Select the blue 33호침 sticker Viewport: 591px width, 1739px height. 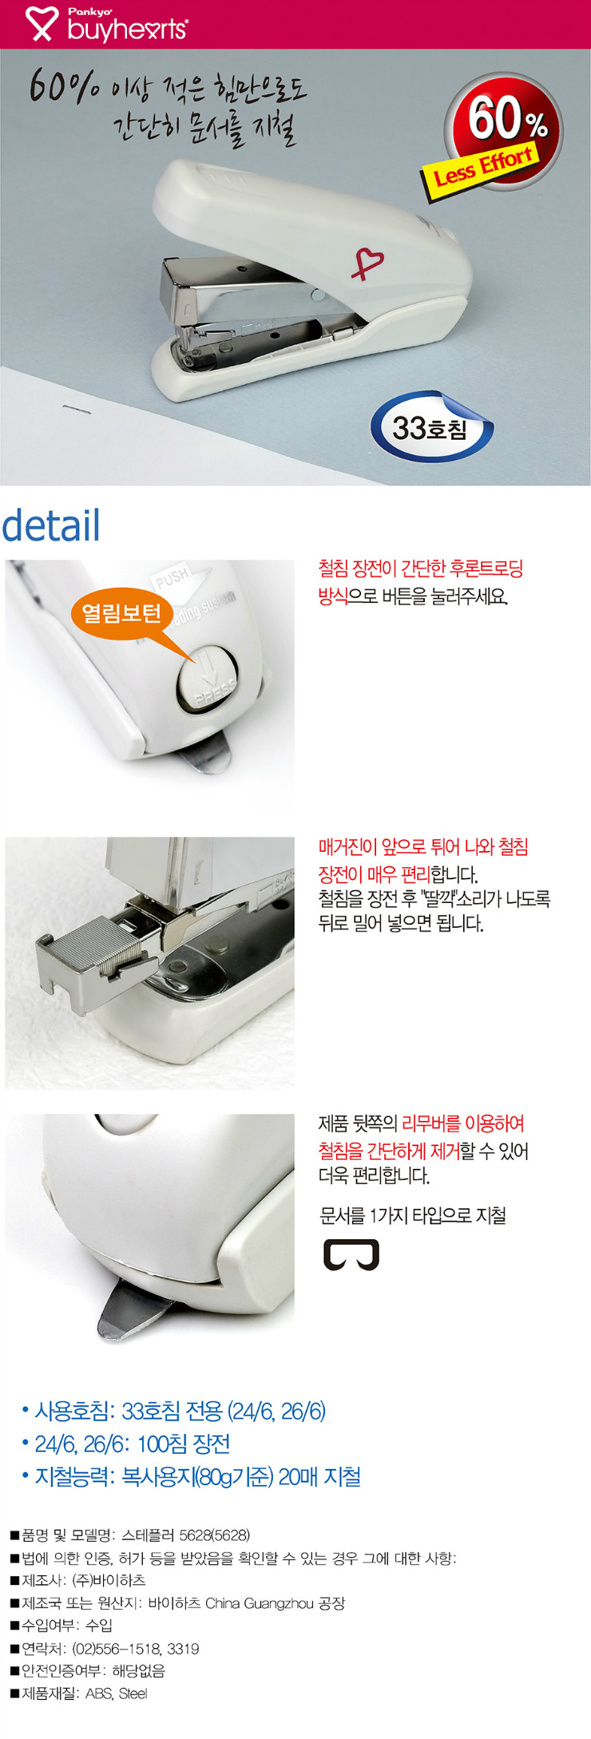pyautogui.click(x=431, y=427)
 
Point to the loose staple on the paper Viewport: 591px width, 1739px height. pyautogui.click(x=77, y=410)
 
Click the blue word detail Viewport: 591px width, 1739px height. pyautogui.click(x=51, y=525)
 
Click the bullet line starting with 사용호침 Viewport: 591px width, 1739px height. pyautogui.click(x=173, y=1411)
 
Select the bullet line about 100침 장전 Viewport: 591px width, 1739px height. pyautogui.click(x=126, y=1444)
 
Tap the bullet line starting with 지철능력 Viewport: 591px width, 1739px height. pyautogui.click(x=191, y=1476)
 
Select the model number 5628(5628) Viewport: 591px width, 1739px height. pyautogui.click(x=214, y=1535)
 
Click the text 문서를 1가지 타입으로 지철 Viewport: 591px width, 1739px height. pyautogui.click(x=413, y=1215)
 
